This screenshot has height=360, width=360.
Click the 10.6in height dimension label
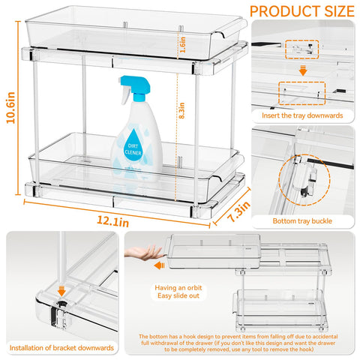[11, 108]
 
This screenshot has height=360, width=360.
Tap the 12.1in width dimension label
[112, 221]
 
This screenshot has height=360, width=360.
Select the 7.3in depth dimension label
[238, 211]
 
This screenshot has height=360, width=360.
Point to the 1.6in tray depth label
[183, 45]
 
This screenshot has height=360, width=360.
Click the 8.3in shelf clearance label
[181, 110]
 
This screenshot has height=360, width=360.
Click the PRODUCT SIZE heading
[302, 11]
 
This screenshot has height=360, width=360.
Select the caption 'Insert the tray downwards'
[302, 115]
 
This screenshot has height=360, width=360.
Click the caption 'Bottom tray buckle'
[302, 221]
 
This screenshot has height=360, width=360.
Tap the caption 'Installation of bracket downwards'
[61, 348]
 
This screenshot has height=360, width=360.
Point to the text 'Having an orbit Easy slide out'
[178, 292]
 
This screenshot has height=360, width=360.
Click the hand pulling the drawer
[145, 253]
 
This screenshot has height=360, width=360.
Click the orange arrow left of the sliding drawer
[159, 265]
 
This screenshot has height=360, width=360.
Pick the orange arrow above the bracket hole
[61, 291]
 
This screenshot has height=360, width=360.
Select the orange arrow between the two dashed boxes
[303, 70]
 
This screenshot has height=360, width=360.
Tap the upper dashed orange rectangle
[302, 49]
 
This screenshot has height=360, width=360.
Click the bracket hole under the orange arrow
[61, 304]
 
